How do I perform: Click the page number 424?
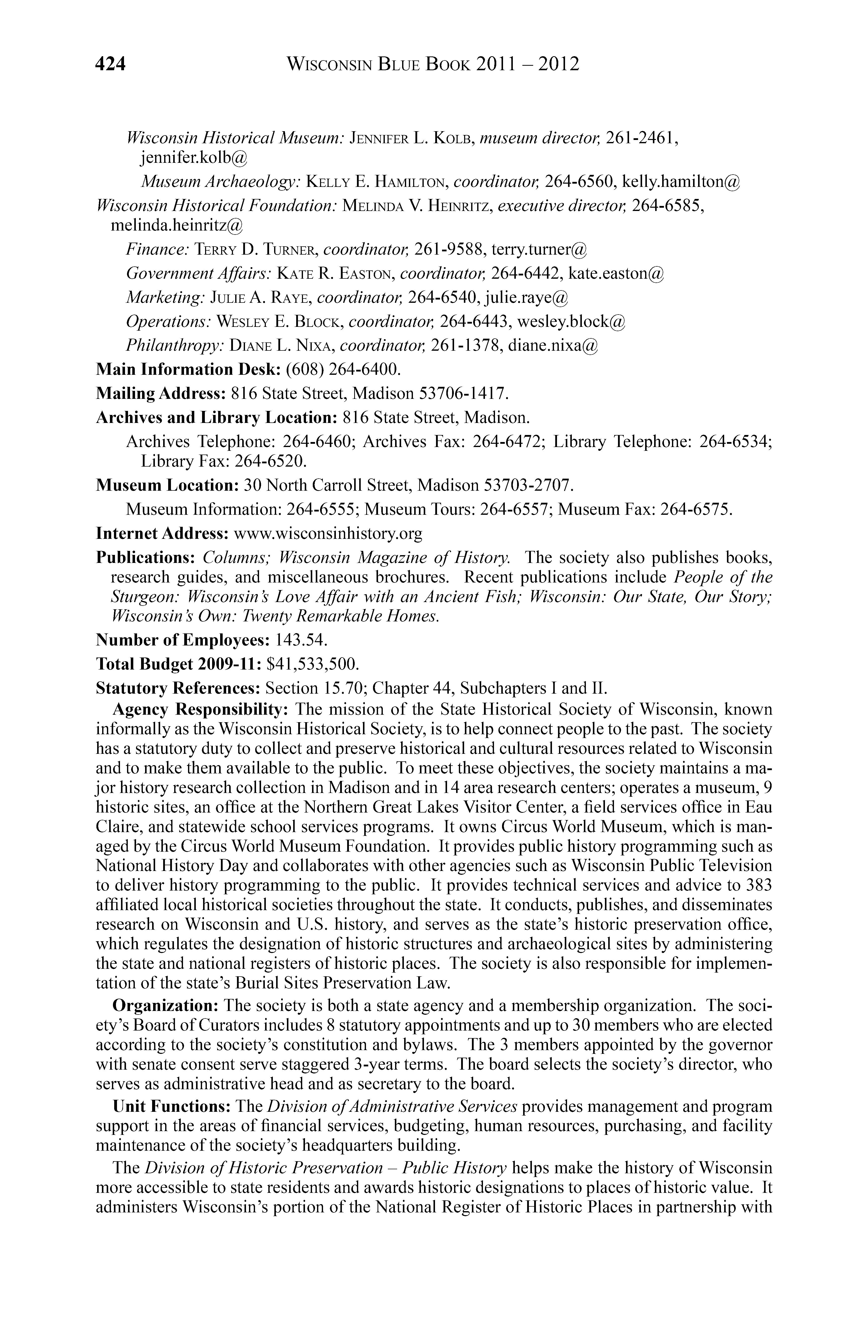pos(111,64)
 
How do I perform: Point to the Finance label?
pos(158,250)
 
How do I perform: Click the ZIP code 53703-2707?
pos(526,485)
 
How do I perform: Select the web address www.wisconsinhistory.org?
pos(328,533)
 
